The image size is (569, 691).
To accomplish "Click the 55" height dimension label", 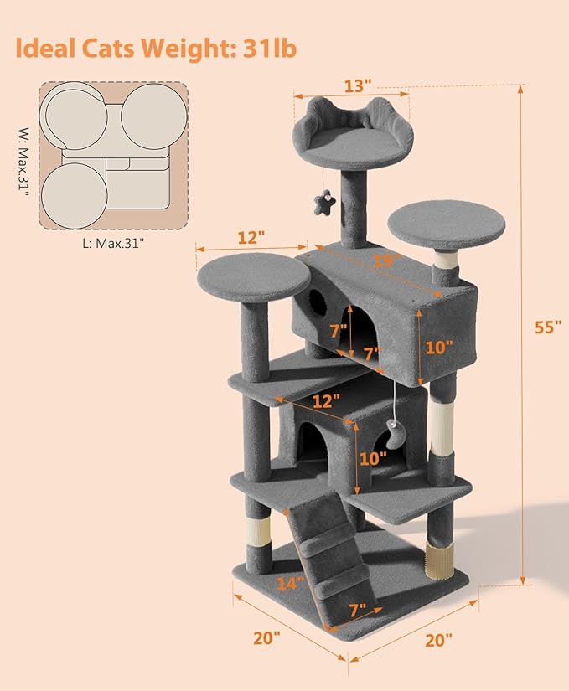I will click(x=548, y=327).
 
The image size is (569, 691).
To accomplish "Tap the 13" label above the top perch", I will click(x=358, y=86).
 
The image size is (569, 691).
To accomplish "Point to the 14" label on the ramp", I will click(x=291, y=583).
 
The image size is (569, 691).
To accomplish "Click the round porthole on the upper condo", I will click(x=317, y=302).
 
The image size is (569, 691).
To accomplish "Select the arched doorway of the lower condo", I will click(x=312, y=445).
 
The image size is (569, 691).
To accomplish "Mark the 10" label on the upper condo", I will click(x=438, y=347).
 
